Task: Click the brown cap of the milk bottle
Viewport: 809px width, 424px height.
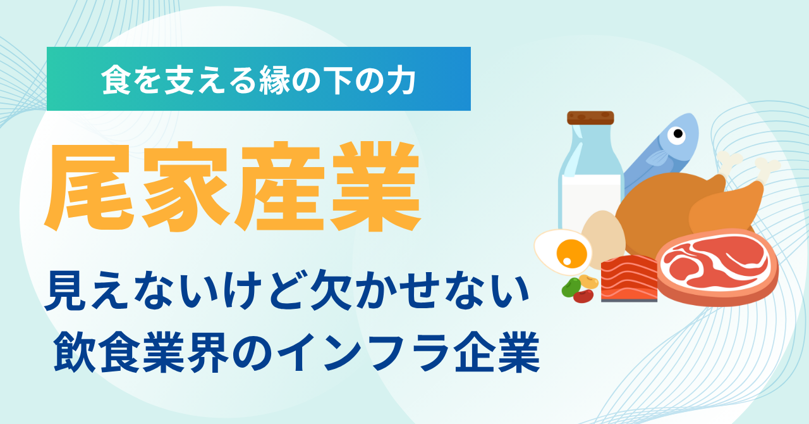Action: (590, 118)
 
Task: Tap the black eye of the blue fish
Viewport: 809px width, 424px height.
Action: (678, 134)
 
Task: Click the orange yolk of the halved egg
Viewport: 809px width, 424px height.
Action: (572, 254)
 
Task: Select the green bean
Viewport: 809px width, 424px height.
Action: (571, 287)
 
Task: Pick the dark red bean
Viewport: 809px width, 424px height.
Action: (583, 296)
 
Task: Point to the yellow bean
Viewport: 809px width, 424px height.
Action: (589, 282)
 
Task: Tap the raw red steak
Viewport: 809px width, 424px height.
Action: (717, 266)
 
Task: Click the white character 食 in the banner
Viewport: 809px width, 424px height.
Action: (116, 80)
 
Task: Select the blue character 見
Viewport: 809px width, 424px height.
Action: (66, 290)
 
